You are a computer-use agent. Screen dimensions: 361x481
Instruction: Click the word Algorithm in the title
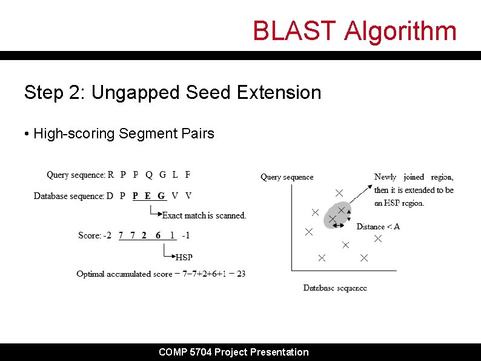point(400,31)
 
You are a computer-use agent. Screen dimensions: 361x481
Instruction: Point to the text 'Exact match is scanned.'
point(204,215)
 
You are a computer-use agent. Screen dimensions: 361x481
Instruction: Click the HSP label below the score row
point(184,257)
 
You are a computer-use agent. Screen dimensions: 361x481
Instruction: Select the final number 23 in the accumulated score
point(240,274)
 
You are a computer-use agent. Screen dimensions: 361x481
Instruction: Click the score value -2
point(106,235)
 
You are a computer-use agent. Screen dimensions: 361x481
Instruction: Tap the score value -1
point(185,235)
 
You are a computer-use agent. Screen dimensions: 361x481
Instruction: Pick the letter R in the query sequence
point(110,175)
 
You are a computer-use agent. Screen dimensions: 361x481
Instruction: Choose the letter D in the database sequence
point(110,196)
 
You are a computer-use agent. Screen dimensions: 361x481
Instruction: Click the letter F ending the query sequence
point(187,175)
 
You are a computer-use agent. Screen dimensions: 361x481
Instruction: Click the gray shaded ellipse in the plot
point(337,216)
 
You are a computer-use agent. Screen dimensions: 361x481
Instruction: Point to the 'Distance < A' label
point(378,227)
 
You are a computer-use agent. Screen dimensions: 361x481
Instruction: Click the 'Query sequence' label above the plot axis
point(287,177)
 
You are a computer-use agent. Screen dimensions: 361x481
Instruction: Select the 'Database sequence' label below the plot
point(335,288)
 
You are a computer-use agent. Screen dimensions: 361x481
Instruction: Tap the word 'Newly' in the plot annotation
point(385,177)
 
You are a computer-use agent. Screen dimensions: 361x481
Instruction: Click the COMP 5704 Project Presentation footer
point(233,352)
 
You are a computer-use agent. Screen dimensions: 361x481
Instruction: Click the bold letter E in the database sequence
point(148,196)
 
